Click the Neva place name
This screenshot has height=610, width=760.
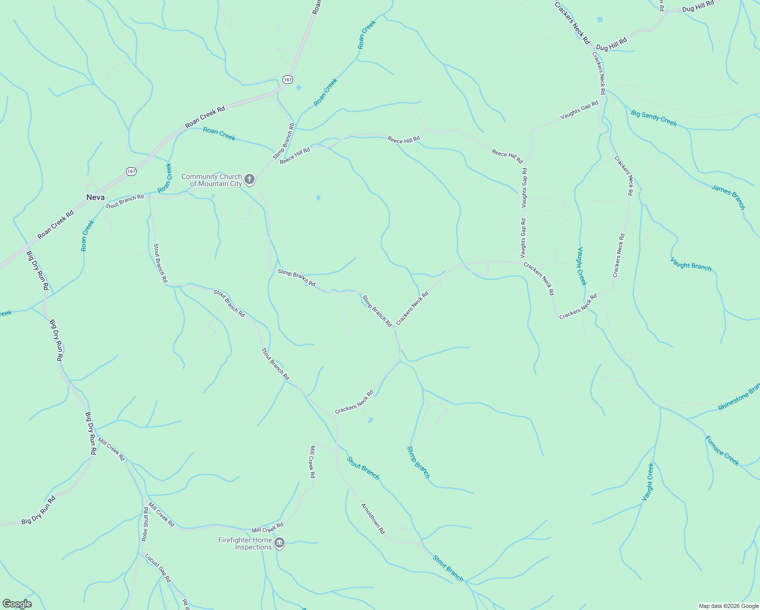click(96, 197)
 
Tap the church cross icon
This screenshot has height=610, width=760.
click(249, 179)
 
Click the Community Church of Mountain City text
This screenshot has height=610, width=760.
click(212, 180)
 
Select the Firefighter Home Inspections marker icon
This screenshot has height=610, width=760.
click(279, 543)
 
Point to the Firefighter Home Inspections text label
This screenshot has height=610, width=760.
click(245, 543)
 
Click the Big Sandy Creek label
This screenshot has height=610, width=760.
click(654, 118)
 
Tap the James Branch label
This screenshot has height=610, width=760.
click(728, 197)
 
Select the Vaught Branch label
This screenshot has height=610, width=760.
click(691, 264)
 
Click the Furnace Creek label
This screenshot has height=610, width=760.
click(722, 450)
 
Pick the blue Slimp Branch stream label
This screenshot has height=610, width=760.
click(418, 462)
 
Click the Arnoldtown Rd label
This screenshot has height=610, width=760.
click(373, 518)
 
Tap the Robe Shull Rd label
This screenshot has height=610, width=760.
click(145, 523)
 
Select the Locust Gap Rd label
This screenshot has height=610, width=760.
click(158, 567)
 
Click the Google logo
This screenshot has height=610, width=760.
click(17, 604)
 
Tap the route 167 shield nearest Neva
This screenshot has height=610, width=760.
click(131, 171)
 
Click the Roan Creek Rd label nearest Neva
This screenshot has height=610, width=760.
click(56, 224)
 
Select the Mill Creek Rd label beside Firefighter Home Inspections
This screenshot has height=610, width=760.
click(267, 527)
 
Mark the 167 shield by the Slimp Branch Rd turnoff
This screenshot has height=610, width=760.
click(288, 79)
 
